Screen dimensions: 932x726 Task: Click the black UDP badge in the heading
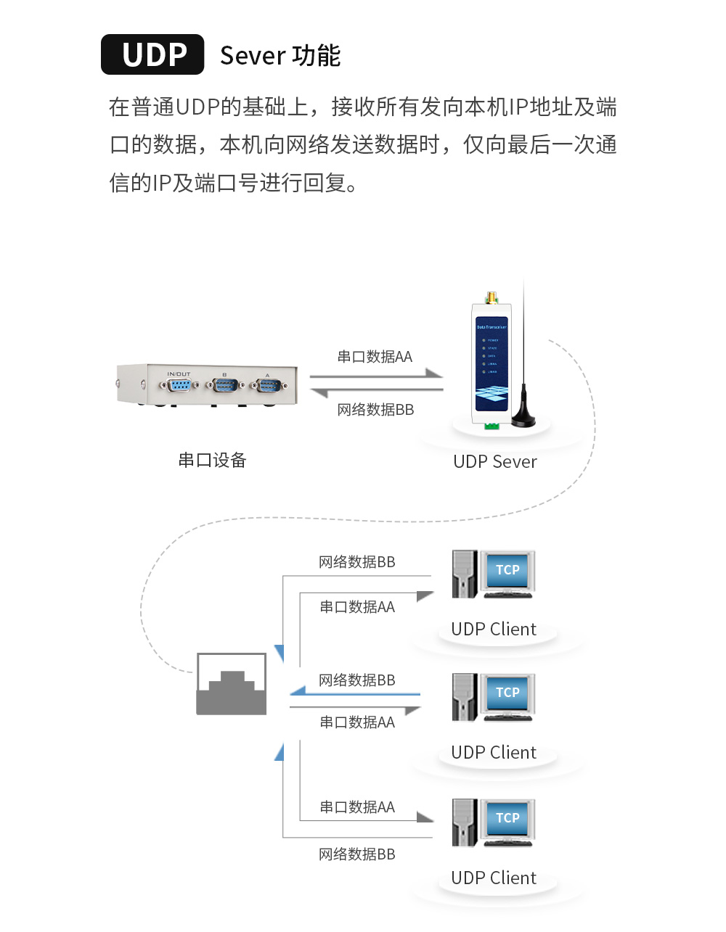click(x=152, y=54)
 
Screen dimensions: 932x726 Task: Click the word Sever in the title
click(x=253, y=56)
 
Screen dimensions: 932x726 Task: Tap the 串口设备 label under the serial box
click(x=212, y=460)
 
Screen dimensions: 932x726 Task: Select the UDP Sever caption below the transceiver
click(x=494, y=462)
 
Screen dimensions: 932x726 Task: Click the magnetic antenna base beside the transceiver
click(x=523, y=418)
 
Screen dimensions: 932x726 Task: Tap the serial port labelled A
click(x=268, y=385)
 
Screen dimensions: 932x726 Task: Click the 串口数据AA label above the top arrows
click(x=375, y=357)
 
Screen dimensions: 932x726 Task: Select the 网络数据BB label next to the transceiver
click(x=375, y=410)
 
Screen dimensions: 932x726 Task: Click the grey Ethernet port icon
click(x=232, y=684)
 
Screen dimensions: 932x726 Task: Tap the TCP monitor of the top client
click(x=507, y=571)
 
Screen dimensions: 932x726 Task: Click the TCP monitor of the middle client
click(x=507, y=693)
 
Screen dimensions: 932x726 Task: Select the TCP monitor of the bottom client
click(x=507, y=819)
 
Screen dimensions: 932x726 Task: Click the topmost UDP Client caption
click(x=494, y=630)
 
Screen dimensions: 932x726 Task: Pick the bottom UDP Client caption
click(x=494, y=878)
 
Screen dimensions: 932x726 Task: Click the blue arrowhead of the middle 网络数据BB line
click(x=298, y=690)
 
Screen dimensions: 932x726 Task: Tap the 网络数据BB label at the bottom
click(x=357, y=854)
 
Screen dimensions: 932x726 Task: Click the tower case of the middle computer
click(x=464, y=697)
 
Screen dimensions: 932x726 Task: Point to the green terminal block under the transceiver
click(x=492, y=426)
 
